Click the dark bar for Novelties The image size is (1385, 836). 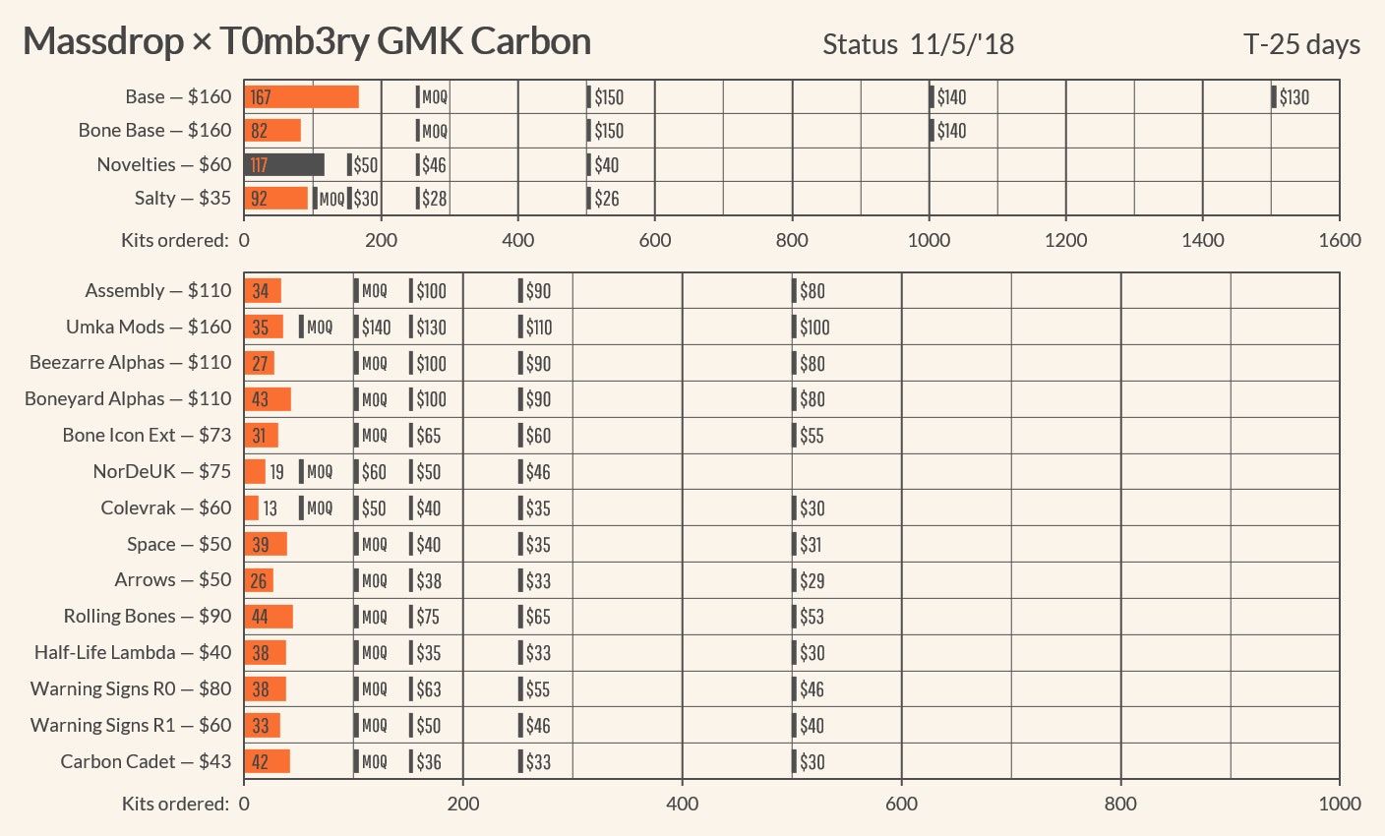pyautogui.click(x=284, y=165)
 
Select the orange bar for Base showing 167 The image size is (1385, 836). pyautogui.click(x=301, y=96)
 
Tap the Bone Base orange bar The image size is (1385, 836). pyautogui.click(x=272, y=131)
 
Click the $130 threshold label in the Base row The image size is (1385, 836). pyautogui.click(x=1294, y=97)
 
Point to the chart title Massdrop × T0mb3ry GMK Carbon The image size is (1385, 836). pyautogui.click(x=307, y=41)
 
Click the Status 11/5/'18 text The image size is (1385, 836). pyautogui.click(x=918, y=45)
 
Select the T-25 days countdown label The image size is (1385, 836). pyautogui.click(x=1301, y=45)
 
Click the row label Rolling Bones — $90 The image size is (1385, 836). pyautogui.click(x=148, y=617)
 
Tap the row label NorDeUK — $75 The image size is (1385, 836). pyautogui.click(x=162, y=472)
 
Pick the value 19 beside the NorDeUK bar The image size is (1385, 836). pyautogui.click(x=276, y=472)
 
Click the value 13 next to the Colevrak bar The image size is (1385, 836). pyautogui.click(x=270, y=508)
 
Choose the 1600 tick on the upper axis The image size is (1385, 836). pyautogui.click(x=1340, y=240)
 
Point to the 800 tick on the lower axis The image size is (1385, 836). pyautogui.click(x=1120, y=804)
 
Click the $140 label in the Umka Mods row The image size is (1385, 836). pyautogui.click(x=376, y=328)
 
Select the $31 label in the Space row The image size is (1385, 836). pyautogui.click(x=811, y=545)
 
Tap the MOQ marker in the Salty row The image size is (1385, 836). pyautogui.click(x=331, y=199)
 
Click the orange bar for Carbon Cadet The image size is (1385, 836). pyautogui.click(x=267, y=761)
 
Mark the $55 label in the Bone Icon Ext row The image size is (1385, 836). pyautogui.click(x=812, y=436)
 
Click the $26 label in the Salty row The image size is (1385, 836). pyautogui.click(x=607, y=199)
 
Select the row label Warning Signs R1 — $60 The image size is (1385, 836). pyautogui.click(x=131, y=726)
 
